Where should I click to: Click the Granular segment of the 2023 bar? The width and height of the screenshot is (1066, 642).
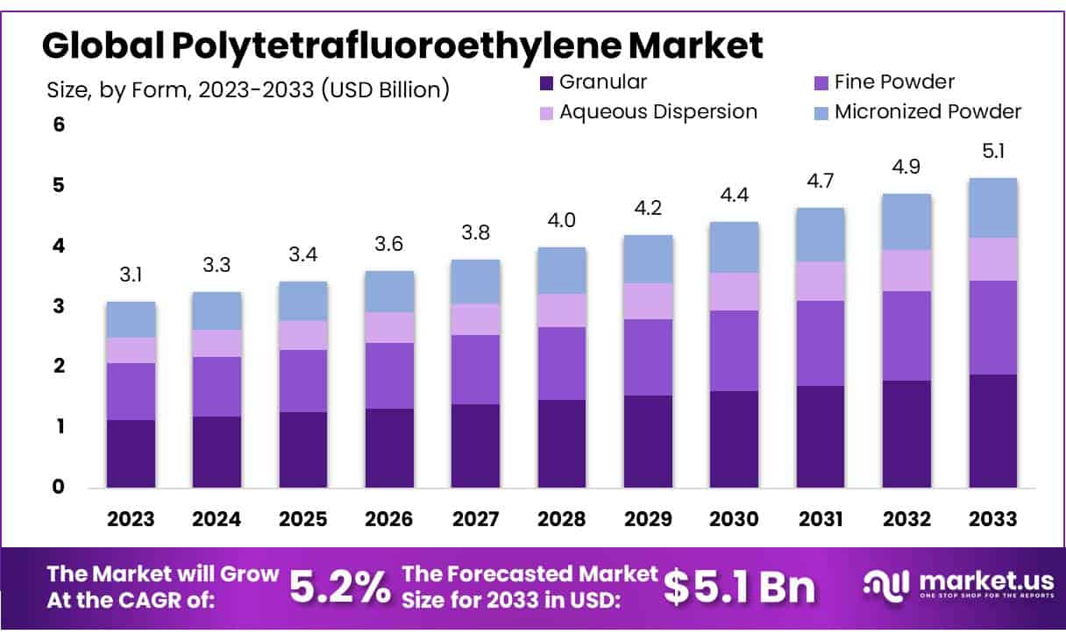point(131,453)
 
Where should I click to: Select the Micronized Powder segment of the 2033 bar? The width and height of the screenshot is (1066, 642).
point(992,208)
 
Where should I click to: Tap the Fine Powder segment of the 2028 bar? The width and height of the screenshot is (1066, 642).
point(561,363)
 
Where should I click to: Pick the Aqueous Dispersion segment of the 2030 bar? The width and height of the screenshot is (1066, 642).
point(734,291)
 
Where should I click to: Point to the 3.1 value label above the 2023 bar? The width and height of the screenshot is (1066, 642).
point(131,275)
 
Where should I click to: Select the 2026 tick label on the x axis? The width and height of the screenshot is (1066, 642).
point(389,519)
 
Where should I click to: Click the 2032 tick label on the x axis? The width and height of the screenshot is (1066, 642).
point(906,519)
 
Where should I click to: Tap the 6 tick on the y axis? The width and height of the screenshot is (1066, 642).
point(59,125)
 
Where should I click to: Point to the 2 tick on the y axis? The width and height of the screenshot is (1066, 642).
point(59,367)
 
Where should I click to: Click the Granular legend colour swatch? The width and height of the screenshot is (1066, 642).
point(545,83)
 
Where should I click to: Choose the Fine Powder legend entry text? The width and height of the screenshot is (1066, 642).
point(894,82)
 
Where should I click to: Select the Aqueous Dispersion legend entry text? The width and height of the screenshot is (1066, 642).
point(657,112)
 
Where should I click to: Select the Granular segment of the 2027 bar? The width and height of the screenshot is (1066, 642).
point(475,446)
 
